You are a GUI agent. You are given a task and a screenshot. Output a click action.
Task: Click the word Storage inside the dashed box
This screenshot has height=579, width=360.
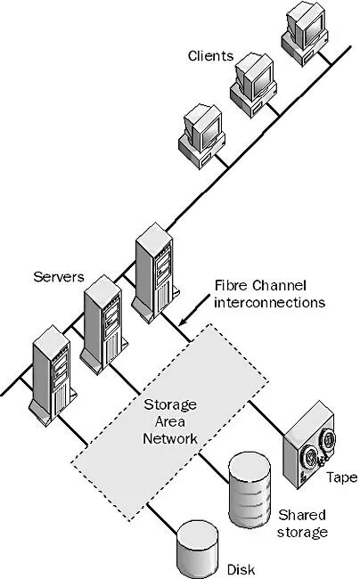[x=169, y=406]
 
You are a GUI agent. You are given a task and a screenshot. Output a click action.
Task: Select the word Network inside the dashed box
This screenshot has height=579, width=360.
[x=169, y=439]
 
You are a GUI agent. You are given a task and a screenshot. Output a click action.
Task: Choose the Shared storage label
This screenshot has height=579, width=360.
[x=303, y=524]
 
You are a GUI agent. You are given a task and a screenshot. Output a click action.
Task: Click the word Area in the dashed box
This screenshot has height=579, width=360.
[x=169, y=423]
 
